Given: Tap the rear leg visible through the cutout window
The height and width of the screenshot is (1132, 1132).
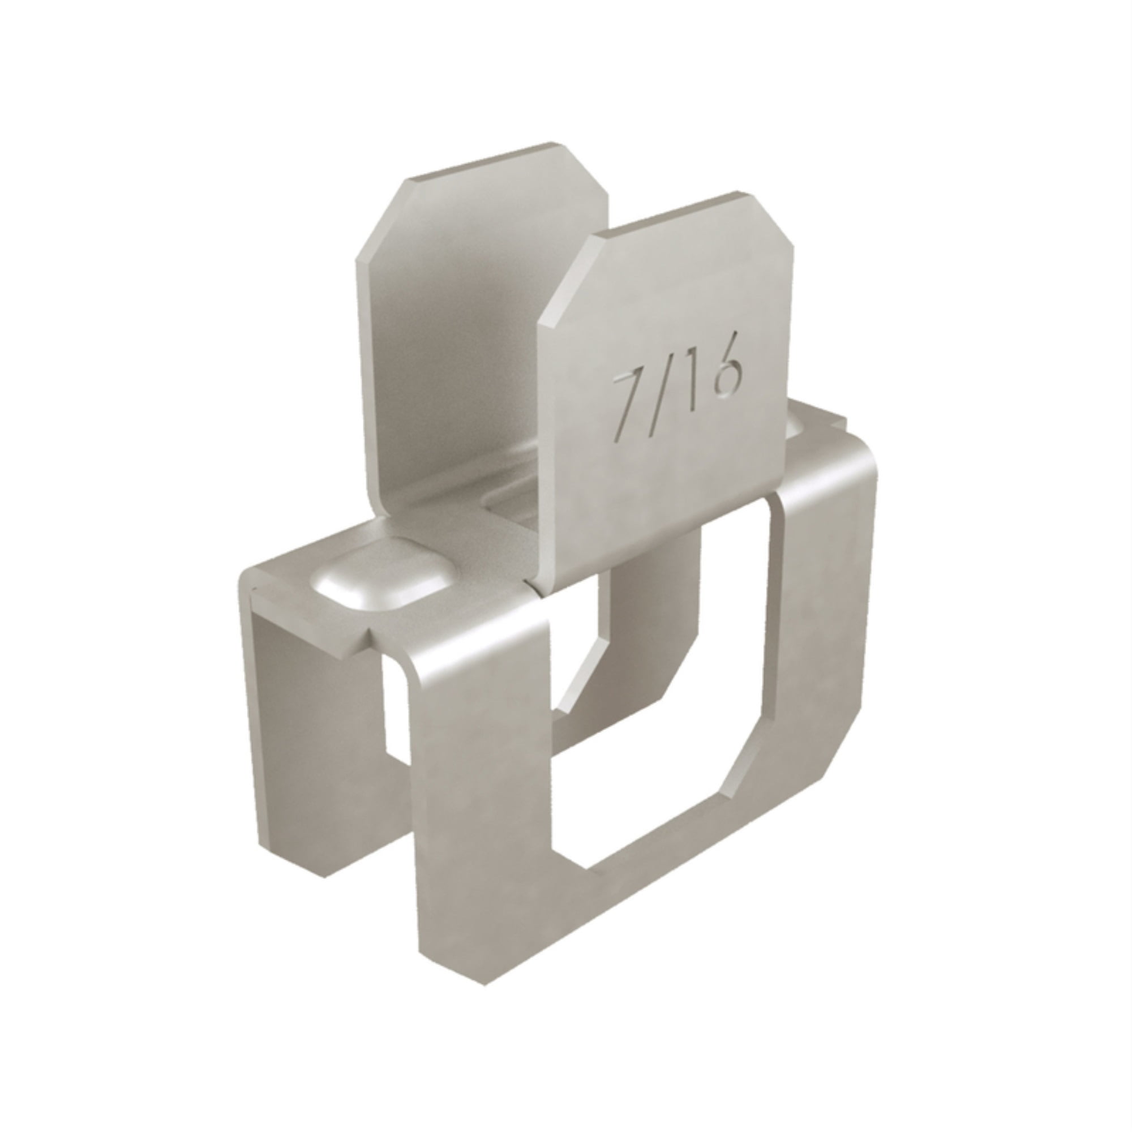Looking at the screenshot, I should [x=645, y=586].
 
